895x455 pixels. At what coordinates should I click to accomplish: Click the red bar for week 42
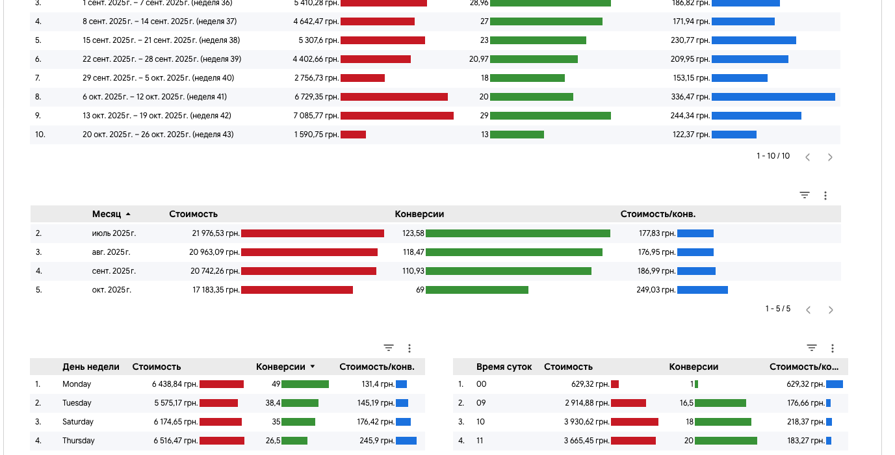coord(396,116)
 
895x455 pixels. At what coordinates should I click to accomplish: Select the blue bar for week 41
coord(773,97)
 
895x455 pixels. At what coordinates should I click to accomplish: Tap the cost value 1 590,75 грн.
coord(316,135)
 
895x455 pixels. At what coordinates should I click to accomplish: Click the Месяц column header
coord(107,214)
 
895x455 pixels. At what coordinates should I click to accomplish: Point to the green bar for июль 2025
coord(517,233)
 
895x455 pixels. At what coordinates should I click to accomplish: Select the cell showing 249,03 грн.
coord(656,290)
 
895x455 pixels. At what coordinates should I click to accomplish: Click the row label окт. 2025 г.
coord(112,290)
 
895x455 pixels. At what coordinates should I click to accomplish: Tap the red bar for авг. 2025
coord(309,252)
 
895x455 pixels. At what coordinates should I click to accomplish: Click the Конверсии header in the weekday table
coord(281,367)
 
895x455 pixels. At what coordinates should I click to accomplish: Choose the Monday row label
coord(77,384)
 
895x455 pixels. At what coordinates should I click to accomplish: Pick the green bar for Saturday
coord(298,422)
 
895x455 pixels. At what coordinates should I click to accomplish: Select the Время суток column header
coord(504,367)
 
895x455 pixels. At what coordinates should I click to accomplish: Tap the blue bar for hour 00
coord(835,384)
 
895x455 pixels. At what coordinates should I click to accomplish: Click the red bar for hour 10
coord(634,422)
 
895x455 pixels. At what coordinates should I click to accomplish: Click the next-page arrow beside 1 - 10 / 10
coord(830,157)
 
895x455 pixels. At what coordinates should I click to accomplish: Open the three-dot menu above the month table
coord(825,195)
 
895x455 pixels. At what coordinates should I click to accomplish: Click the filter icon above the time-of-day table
coord(812,348)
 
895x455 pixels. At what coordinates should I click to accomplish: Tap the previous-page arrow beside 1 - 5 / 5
coord(809,310)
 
